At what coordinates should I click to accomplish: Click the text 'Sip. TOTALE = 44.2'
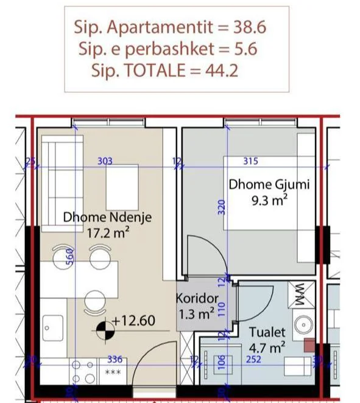[x=164, y=71]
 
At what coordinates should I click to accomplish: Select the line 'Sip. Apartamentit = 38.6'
[x=171, y=27]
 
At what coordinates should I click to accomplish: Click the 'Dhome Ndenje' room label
[x=107, y=217]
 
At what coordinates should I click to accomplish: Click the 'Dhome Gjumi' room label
[x=269, y=184]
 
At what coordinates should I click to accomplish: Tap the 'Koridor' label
[x=197, y=300]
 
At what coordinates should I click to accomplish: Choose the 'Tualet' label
[x=267, y=333]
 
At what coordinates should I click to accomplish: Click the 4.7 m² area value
[x=267, y=348]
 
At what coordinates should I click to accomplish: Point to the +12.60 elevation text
[x=138, y=320]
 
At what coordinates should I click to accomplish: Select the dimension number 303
[x=106, y=161]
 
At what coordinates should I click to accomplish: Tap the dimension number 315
[x=250, y=161]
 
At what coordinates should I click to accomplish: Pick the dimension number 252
[x=253, y=360]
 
